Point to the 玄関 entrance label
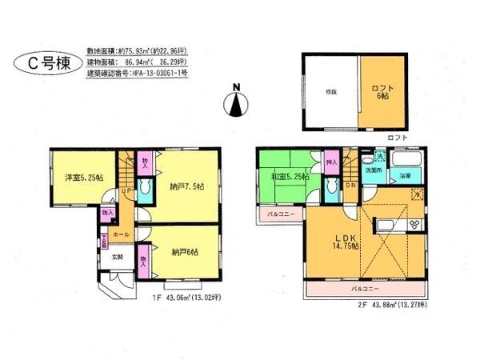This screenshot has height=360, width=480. click(x=117, y=257)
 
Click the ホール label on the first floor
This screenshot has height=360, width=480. click(x=121, y=234)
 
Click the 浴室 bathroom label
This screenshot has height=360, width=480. click(x=406, y=174)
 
